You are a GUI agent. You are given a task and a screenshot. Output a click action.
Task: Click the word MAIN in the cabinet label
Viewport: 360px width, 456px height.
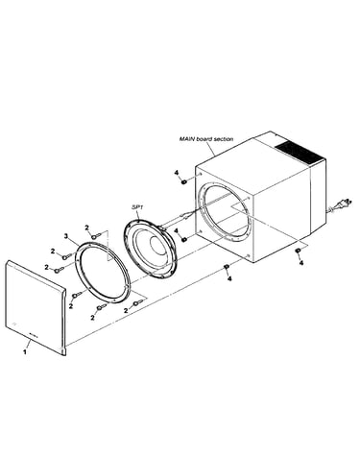pyautogui.click(x=186, y=139)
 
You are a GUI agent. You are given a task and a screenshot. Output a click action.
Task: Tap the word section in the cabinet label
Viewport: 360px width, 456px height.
pyautogui.click(x=223, y=139)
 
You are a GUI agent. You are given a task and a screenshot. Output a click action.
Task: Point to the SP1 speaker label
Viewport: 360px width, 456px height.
pyautogui.click(x=136, y=207)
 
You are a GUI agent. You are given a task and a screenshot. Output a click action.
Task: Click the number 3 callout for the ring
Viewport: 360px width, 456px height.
pyautogui.click(x=66, y=236)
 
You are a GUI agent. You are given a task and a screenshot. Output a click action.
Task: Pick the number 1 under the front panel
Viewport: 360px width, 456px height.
pyautogui.click(x=24, y=351)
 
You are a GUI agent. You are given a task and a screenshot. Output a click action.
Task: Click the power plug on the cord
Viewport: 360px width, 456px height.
pyautogui.click(x=344, y=204)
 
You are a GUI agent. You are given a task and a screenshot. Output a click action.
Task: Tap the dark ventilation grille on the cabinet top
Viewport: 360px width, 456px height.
pyautogui.click(x=300, y=153)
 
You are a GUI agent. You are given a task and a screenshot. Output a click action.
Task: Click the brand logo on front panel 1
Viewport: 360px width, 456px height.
pyautogui.click(x=33, y=335)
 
